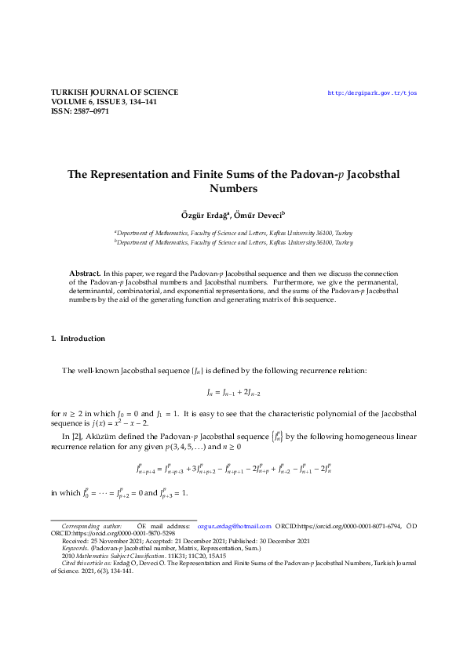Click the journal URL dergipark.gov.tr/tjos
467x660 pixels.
[372, 92]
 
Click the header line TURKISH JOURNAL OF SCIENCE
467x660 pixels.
[115, 92]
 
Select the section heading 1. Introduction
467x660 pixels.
[78, 339]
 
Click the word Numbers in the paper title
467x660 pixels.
[233, 189]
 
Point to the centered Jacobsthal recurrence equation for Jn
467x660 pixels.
[233, 390]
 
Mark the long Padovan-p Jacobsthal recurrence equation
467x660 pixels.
[233, 470]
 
